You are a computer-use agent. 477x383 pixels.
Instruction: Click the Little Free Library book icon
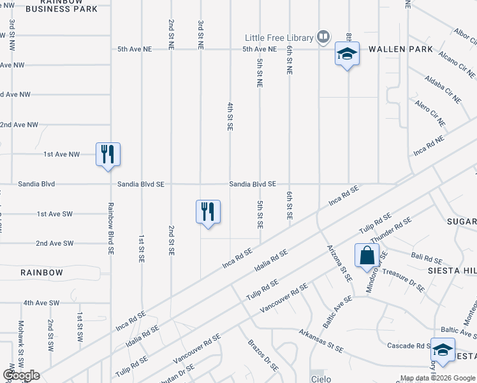tap(323, 38)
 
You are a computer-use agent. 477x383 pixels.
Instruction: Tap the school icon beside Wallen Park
tap(347, 54)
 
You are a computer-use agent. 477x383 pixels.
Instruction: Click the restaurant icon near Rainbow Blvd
tap(108, 154)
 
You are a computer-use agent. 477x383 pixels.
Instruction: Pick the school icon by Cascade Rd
tap(443, 350)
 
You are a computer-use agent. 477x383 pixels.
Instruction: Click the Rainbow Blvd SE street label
tap(111, 220)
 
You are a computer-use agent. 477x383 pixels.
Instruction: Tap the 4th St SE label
tap(230, 116)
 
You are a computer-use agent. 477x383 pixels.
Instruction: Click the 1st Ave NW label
tap(62, 154)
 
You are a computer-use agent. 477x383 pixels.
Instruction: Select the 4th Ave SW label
tap(41, 303)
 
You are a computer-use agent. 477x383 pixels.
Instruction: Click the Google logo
tap(21, 375)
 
